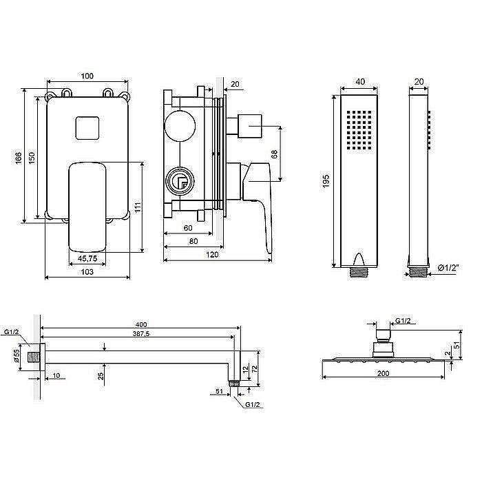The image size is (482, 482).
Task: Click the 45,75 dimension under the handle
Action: coord(87,258)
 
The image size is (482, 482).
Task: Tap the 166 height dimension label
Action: coord(19,158)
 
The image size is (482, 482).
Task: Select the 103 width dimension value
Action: coord(87,272)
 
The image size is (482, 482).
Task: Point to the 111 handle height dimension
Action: coord(138,207)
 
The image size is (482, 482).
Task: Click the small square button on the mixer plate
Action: coord(87,128)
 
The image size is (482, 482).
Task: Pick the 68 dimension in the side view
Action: coord(274,154)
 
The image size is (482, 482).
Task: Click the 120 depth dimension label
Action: coord(212,255)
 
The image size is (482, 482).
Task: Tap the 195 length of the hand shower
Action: coord(326,181)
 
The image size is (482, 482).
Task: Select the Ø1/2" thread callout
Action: coord(448,268)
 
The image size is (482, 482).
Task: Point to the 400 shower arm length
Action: coord(140,324)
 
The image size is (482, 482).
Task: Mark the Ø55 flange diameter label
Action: coord(17,356)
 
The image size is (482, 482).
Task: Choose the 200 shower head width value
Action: coord(383,373)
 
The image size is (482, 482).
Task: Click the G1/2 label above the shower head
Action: coord(403,321)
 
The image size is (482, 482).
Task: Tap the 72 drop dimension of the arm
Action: coord(255,369)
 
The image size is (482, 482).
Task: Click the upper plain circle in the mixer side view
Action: coord(180,126)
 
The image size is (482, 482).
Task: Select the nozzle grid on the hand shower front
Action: coord(359,130)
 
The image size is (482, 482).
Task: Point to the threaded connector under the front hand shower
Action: coord(359,272)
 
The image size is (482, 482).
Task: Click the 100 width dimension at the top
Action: coord(87,76)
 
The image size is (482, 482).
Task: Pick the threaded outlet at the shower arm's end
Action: coord(234,384)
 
